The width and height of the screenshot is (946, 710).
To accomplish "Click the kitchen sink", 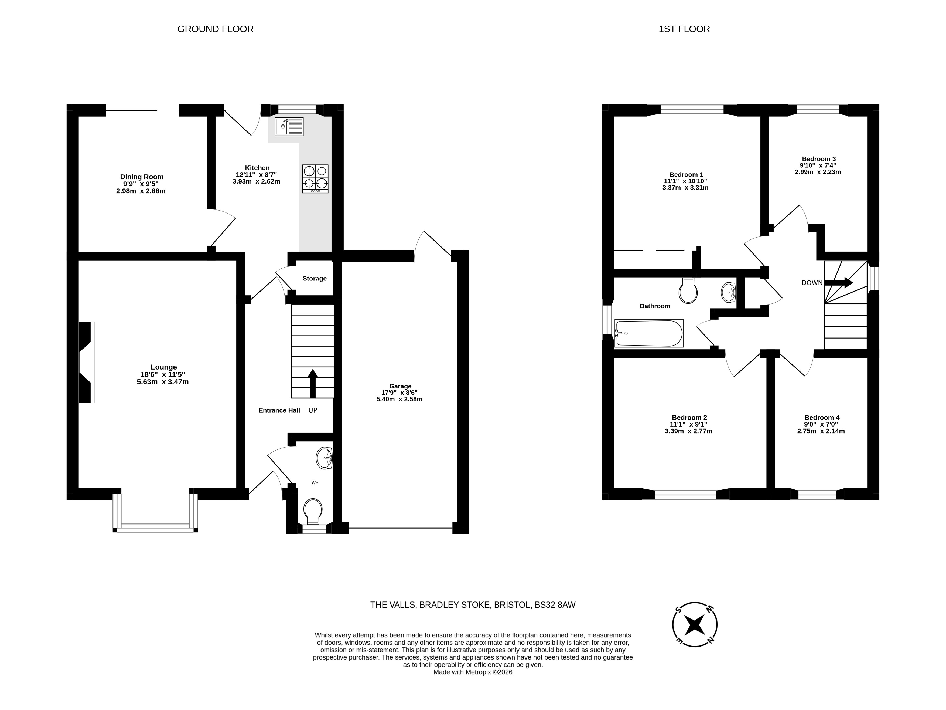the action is [x=289, y=127].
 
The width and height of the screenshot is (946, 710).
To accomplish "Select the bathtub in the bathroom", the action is [x=649, y=333].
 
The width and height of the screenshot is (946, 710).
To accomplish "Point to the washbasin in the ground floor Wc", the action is [x=325, y=458].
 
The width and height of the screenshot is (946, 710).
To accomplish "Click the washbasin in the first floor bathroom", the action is [x=728, y=292].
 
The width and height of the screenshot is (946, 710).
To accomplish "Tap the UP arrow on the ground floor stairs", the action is [x=313, y=383].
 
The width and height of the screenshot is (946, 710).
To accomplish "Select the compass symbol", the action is [x=695, y=625].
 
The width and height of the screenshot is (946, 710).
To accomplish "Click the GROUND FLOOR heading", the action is [x=216, y=29].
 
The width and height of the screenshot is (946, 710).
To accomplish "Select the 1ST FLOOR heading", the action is [x=684, y=29].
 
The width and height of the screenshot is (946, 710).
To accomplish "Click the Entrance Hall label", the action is [x=279, y=410].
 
